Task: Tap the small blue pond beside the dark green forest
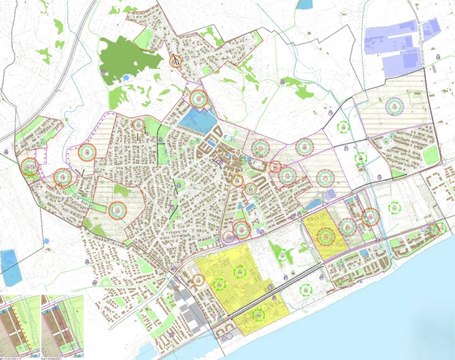[126, 77]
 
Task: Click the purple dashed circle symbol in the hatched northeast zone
[394, 106]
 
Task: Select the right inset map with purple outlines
[62, 326]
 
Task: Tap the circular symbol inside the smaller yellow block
[324, 236]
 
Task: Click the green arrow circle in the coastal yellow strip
[259, 316]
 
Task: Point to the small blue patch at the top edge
[304, 4]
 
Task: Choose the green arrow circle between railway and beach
[306, 290]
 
